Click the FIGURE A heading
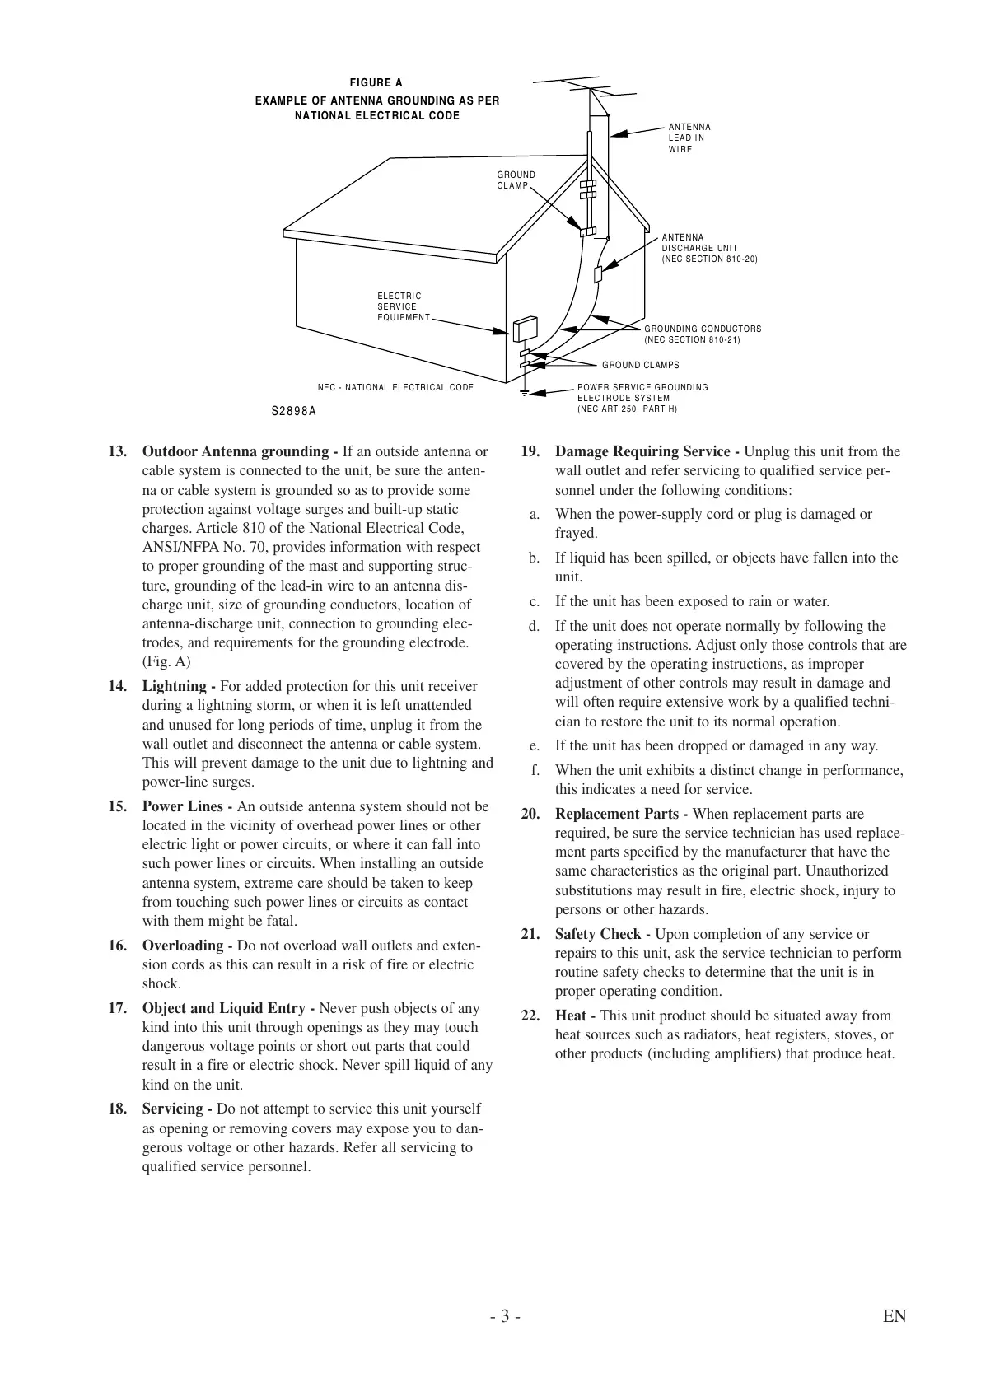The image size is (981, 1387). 376,83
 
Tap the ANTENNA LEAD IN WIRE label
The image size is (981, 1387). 689,138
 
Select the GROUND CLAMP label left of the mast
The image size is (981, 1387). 516,180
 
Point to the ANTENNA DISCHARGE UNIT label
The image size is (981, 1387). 708,248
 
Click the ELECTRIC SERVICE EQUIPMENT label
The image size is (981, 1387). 403,306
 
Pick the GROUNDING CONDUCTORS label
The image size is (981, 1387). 702,334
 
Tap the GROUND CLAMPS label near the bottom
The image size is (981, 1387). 640,365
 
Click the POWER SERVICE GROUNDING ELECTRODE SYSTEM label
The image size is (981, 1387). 642,398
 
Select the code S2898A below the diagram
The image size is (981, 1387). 294,411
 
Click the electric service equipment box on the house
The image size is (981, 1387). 524,329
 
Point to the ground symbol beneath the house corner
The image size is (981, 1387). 524,394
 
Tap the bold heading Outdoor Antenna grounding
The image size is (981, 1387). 236,451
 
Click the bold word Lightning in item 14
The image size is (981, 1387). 175,686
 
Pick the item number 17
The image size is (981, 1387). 117,1008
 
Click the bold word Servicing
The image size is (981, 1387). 173,1109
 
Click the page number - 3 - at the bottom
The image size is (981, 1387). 504,1316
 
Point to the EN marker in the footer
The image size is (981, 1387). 894,1316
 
